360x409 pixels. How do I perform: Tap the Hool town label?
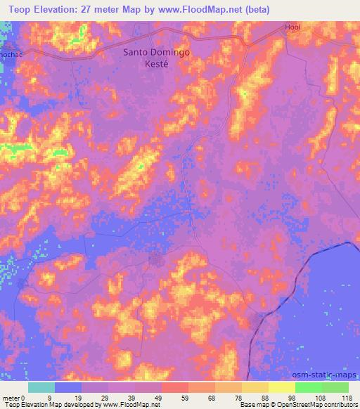coord(292,27)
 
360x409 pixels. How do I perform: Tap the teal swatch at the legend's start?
coord(41,387)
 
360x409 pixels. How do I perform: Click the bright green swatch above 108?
coord(309,387)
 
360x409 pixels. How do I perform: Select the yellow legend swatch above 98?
coord(282,387)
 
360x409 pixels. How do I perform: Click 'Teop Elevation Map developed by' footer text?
coord(46,405)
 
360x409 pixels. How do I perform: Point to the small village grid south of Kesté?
coord(156,260)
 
